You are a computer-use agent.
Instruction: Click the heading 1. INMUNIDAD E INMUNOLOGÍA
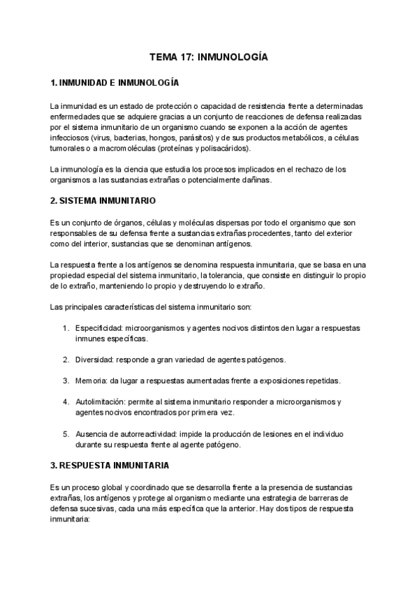(115, 83)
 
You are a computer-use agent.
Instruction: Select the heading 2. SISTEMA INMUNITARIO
(103, 200)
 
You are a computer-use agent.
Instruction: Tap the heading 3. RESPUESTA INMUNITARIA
(110, 464)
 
